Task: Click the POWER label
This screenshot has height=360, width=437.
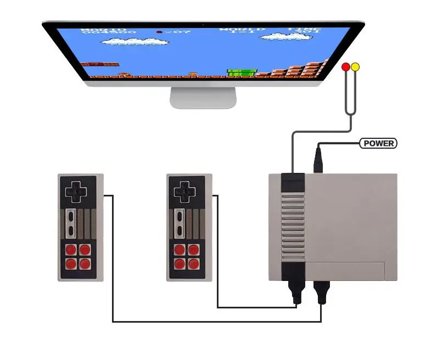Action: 378,143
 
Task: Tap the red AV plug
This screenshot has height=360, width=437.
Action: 345,67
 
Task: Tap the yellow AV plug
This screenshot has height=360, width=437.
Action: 355,67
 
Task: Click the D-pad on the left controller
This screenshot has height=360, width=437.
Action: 75,192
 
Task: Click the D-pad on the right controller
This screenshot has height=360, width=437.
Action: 183,192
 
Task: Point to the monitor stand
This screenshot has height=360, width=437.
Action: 203,97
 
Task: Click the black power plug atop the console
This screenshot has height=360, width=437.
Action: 318,159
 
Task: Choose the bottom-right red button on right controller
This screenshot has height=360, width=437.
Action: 193,263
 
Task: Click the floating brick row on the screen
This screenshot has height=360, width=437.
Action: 100,64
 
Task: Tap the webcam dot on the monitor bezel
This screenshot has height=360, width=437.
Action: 204,25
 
